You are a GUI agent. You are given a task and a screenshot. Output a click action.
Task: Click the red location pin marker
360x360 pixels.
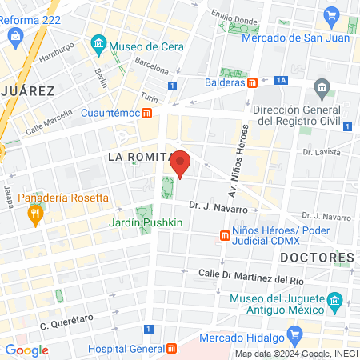click(x=182, y=163)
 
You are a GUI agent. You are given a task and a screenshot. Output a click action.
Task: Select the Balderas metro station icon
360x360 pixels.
click(x=252, y=82)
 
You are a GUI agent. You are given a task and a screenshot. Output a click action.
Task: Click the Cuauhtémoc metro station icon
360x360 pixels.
click(x=147, y=113)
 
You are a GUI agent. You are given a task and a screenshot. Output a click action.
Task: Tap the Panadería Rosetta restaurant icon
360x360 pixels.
click(x=34, y=214)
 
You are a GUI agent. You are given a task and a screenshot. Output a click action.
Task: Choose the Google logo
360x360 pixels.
click(x=26, y=350)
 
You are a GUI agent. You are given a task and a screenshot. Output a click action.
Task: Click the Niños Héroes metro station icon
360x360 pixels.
click(x=226, y=235)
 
